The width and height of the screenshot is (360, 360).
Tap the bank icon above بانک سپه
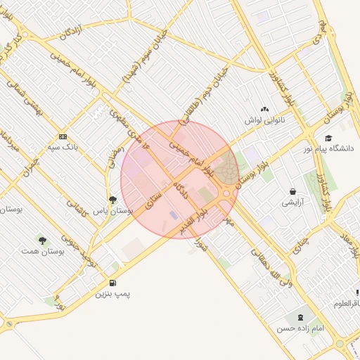[63, 136]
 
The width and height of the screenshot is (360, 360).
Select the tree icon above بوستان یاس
[112, 200]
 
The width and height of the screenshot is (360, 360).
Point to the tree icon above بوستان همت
[44, 240]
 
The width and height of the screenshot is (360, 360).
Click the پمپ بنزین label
[113, 293]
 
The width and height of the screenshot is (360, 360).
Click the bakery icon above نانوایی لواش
[264, 109]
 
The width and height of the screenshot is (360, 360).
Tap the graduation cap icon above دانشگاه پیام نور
[328, 138]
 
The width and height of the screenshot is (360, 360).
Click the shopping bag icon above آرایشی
[292, 191]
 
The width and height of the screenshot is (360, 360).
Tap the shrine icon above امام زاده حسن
[302, 318]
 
